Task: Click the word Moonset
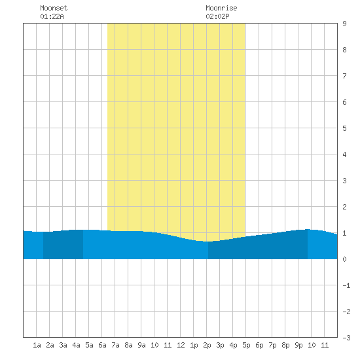click(x=54, y=8)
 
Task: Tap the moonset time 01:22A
click(x=52, y=16)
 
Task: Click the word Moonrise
click(x=221, y=8)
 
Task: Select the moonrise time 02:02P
click(x=217, y=16)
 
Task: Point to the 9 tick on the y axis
click(x=344, y=24)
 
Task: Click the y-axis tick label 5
click(x=344, y=128)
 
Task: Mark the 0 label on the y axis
click(x=344, y=259)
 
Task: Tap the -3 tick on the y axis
click(x=346, y=338)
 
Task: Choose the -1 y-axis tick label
click(x=346, y=285)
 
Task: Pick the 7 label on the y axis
click(x=344, y=76)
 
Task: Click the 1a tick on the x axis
click(x=37, y=345)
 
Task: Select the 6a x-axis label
click(x=102, y=345)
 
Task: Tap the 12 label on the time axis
click(x=181, y=345)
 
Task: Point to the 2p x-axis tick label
click(x=207, y=345)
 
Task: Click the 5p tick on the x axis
click(x=246, y=345)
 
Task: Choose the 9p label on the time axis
click(x=298, y=345)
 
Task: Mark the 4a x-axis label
click(x=76, y=345)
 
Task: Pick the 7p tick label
click(x=272, y=345)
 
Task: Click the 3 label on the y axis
click(x=344, y=181)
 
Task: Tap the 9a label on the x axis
click(x=141, y=345)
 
